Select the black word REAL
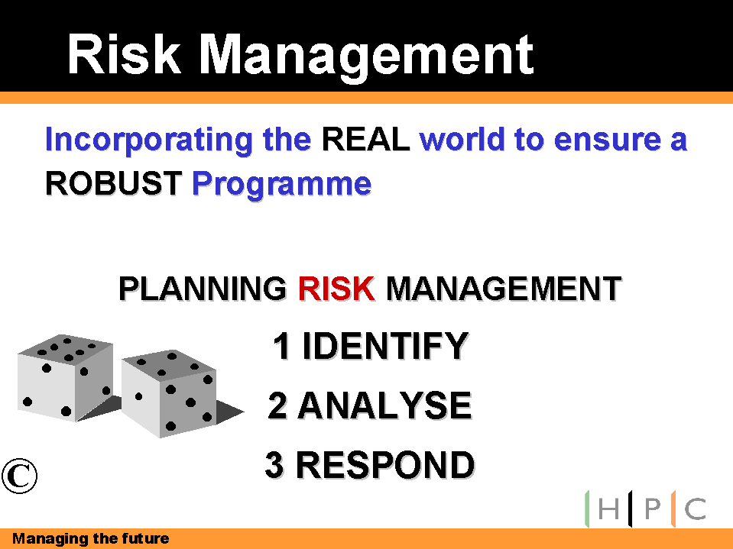pos(366,139)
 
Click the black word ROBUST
pos(114,183)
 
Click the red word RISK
pos(336,289)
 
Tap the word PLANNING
pos(203,289)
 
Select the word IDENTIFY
pos(386,346)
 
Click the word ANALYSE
pos(385,405)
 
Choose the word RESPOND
pos(386,464)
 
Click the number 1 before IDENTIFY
pos(282,346)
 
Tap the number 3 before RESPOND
pos(274,464)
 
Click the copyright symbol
pos(19,476)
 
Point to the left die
pos(66,378)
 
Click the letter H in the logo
pos(608,509)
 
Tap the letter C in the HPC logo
pos(696,509)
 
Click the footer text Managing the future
pos(91,539)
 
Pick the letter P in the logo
pos(653,509)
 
